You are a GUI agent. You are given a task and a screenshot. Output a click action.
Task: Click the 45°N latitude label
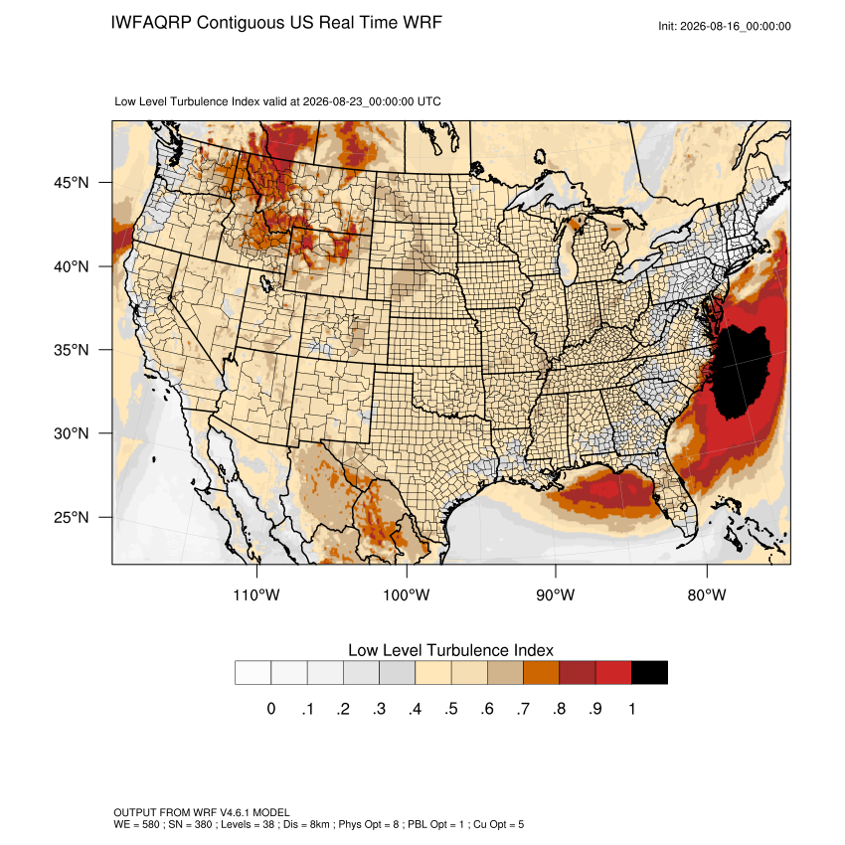click(x=72, y=183)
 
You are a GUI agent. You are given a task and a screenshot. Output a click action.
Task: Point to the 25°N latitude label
click(x=72, y=517)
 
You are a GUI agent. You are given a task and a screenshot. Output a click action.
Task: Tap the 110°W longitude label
click(x=256, y=594)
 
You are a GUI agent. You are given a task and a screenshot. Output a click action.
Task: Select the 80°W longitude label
click(x=707, y=594)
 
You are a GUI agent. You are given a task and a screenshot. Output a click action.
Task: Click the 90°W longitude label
click(x=555, y=594)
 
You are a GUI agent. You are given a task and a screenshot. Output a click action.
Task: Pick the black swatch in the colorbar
click(x=649, y=673)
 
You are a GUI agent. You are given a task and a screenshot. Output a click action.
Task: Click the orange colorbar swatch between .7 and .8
click(x=541, y=673)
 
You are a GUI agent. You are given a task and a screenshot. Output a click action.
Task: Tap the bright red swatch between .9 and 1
click(x=613, y=673)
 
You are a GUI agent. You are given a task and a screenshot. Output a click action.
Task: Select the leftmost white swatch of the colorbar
click(x=253, y=673)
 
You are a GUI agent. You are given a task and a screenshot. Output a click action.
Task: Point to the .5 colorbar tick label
click(x=451, y=709)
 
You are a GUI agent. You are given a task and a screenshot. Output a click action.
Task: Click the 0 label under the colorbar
click(x=271, y=709)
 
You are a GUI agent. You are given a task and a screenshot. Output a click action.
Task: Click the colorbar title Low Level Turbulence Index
click(x=450, y=650)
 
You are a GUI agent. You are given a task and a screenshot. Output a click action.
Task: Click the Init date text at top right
click(x=725, y=27)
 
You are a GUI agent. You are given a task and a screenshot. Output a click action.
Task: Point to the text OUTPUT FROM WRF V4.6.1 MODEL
click(x=202, y=812)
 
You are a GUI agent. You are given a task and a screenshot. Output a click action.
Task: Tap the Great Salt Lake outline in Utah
click(x=266, y=283)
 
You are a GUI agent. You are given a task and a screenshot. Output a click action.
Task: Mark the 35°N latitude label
click(x=72, y=350)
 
